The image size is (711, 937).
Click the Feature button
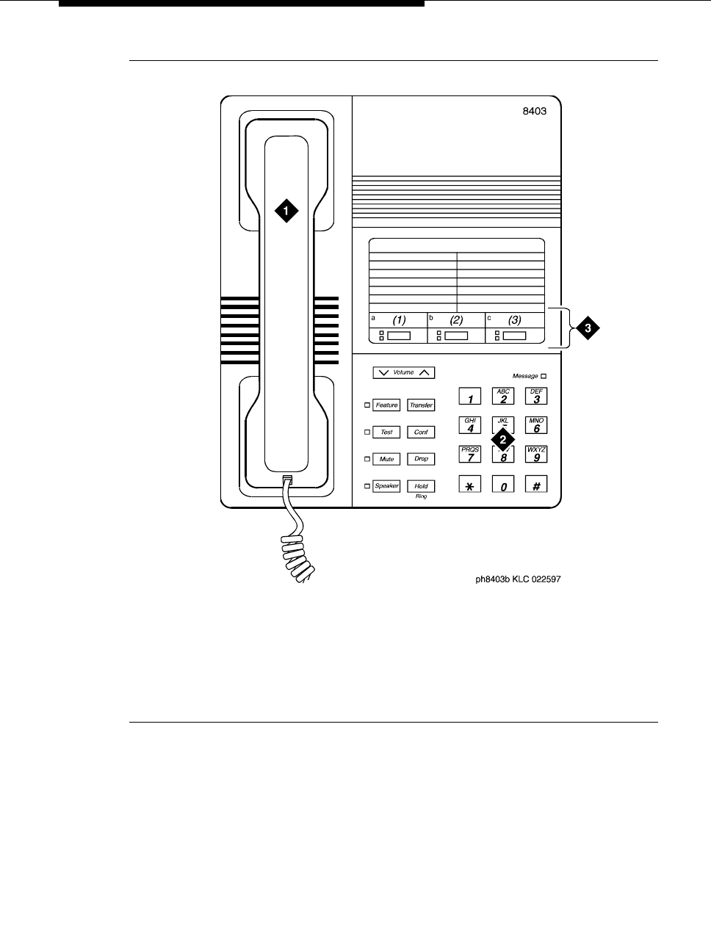(386, 405)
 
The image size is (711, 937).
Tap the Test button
(386, 433)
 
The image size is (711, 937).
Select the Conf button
(421, 433)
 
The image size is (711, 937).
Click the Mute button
(386, 459)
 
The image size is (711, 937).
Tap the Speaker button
(386, 486)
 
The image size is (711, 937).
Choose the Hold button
(421, 486)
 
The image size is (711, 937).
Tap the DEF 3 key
(536, 397)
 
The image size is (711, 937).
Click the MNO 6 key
(536, 426)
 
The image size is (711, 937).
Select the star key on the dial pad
(470, 485)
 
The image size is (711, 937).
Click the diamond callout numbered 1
(286, 211)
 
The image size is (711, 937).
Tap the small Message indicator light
(544, 376)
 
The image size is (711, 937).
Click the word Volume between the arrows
(403, 372)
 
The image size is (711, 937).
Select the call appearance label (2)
(456, 320)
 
